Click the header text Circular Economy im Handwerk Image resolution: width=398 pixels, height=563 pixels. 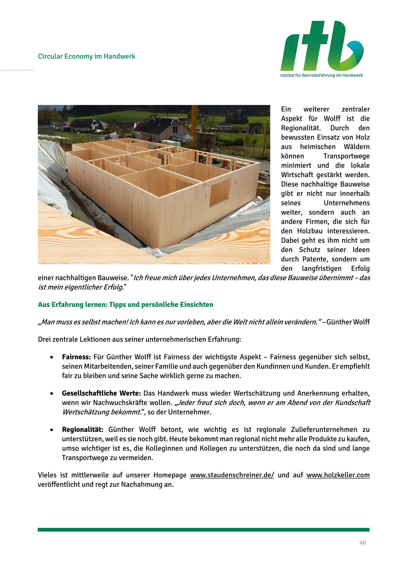coord(86,56)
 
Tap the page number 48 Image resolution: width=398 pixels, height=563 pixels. coord(363,543)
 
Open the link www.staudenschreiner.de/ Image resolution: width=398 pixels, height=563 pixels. coord(232,475)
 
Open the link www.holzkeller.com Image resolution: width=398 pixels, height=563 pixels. coord(338,475)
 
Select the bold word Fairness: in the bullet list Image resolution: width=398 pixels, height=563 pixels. coord(76,357)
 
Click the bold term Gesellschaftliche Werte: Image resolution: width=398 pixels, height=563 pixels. coord(101,393)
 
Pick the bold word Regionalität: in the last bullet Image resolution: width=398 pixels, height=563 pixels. coord(83,430)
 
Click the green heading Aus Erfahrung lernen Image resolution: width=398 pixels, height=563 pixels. coord(125,304)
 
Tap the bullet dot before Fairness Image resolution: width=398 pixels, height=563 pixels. coord(52,357)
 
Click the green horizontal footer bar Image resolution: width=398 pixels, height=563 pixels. coord(203,530)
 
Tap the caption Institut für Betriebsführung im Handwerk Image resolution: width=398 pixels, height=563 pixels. coord(321,75)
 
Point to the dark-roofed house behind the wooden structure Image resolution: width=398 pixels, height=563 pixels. coord(164,129)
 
